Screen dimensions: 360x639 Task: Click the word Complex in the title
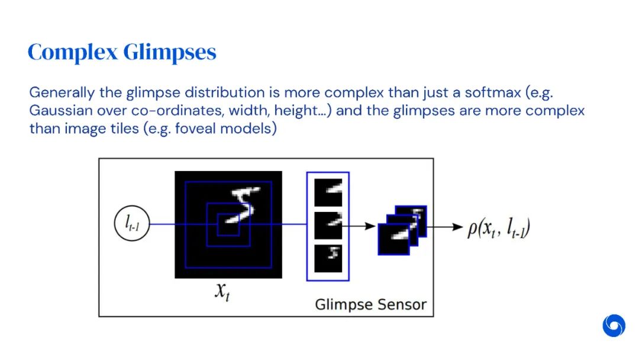tap(72, 53)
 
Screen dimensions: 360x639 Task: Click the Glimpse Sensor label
tap(370, 305)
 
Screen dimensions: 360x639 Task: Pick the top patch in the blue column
tap(328, 193)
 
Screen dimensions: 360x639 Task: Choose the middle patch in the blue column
tap(328, 226)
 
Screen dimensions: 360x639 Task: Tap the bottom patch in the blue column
tap(328, 258)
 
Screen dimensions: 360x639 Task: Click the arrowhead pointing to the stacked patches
tap(371, 226)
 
